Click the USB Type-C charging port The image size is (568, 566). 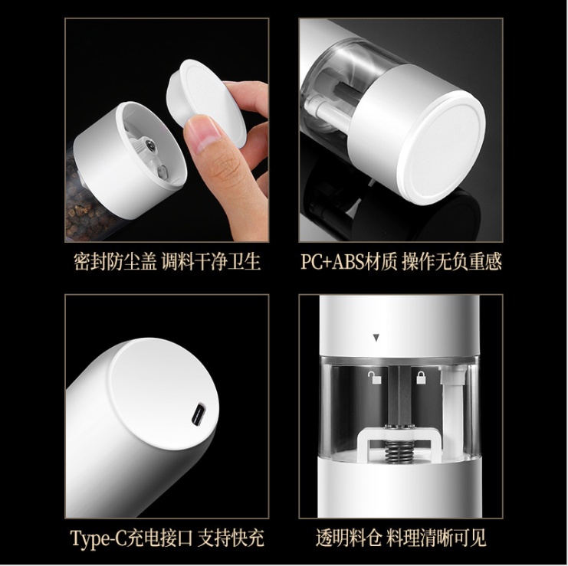tap(199, 414)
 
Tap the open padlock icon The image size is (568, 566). tap(375, 378)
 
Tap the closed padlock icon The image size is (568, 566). tap(421, 377)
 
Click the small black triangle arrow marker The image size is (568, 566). tap(376, 338)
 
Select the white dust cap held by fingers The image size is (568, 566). tap(205, 101)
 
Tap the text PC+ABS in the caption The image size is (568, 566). tap(331, 262)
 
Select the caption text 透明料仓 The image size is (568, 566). tap(349, 538)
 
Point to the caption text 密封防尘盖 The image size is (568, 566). tap(116, 261)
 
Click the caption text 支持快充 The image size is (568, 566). tap(231, 538)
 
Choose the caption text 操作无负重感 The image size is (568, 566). tap(451, 261)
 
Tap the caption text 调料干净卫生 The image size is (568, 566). tap(211, 261)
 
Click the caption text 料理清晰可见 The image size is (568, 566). tap(435, 538)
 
